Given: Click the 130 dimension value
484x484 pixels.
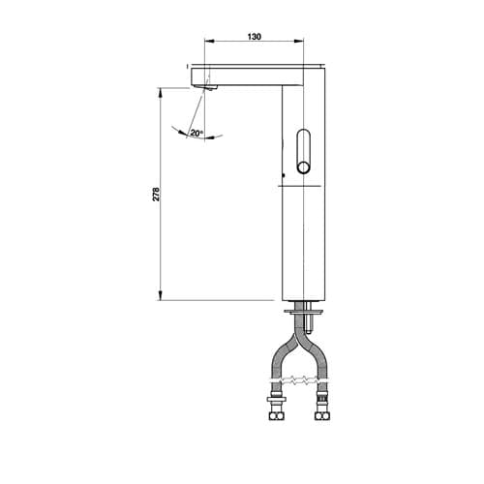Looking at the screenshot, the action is (255, 37).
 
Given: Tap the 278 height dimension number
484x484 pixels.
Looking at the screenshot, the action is (156, 194).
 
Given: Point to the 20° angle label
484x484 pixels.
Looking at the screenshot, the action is (197, 133).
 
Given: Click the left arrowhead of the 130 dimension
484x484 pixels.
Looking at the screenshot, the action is (210, 41).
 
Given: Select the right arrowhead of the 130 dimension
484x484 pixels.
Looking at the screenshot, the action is (299, 41).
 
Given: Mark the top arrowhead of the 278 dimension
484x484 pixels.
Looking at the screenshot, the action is (160, 93).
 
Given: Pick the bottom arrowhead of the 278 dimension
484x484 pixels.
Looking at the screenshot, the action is (160, 295).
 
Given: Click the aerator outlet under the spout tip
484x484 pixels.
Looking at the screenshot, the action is (212, 88).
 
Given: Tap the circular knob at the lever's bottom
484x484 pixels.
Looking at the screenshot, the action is (304, 168).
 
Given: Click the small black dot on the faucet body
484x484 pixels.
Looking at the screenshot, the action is (284, 175).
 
